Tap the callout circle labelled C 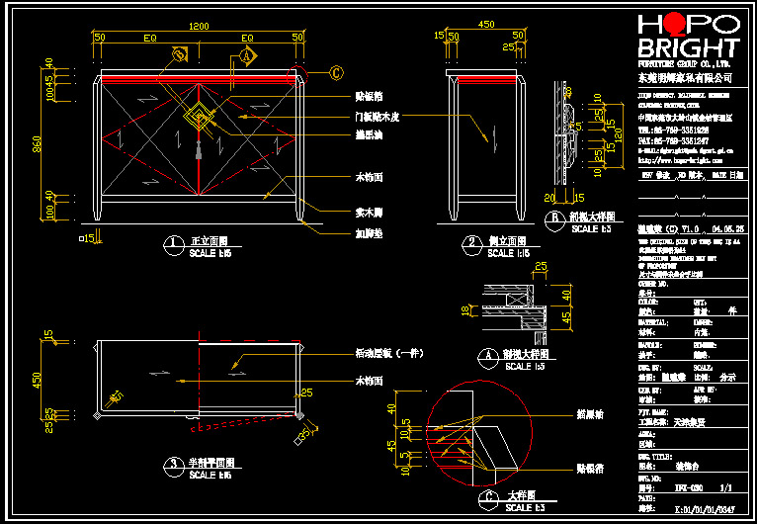336,72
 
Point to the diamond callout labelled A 246,57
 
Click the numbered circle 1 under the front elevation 174,242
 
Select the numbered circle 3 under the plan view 174,463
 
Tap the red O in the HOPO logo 674,26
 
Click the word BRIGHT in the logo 688,48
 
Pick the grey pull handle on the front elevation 200,150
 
